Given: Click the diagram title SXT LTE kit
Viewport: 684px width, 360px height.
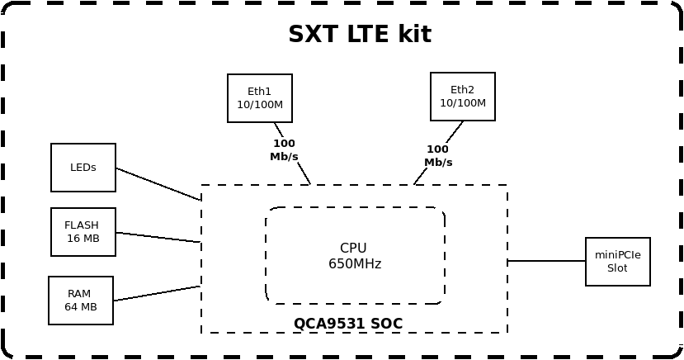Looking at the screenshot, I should click(x=359, y=35).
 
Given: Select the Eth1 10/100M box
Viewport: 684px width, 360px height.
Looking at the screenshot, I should click(x=260, y=98).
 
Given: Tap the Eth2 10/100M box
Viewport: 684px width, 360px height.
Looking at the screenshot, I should click(x=462, y=97).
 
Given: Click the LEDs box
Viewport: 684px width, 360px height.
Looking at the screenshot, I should click(x=83, y=168).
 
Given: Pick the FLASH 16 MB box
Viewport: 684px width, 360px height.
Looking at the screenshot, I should click(x=83, y=232).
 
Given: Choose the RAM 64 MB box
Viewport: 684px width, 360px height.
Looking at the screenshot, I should click(x=81, y=301).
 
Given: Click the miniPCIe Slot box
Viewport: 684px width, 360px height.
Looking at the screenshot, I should click(x=617, y=262).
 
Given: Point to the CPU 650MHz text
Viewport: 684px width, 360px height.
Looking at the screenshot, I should click(x=354, y=256).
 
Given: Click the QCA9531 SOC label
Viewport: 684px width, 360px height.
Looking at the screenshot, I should click(x=348, y=324).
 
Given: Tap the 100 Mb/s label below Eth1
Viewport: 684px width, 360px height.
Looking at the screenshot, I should click(x=284, y=150).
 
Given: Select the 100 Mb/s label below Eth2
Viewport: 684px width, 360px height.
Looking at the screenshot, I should click(x=438, y=156).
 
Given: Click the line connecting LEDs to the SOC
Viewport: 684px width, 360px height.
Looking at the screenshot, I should click(x=158, y=184).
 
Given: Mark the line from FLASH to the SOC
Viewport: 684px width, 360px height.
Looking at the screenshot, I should click(x=158, y=238).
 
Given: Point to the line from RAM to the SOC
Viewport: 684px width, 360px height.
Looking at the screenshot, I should click(x=157, y=293).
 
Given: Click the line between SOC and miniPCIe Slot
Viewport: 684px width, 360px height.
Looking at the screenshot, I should click(x=546, y=261).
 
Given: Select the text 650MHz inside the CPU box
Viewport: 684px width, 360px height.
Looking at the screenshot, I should click(x=355, y=264).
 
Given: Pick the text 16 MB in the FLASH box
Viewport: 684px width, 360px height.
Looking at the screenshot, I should click(x=83, y=239).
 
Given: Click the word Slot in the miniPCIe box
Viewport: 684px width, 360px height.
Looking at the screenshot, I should click(x=617, y=268).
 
